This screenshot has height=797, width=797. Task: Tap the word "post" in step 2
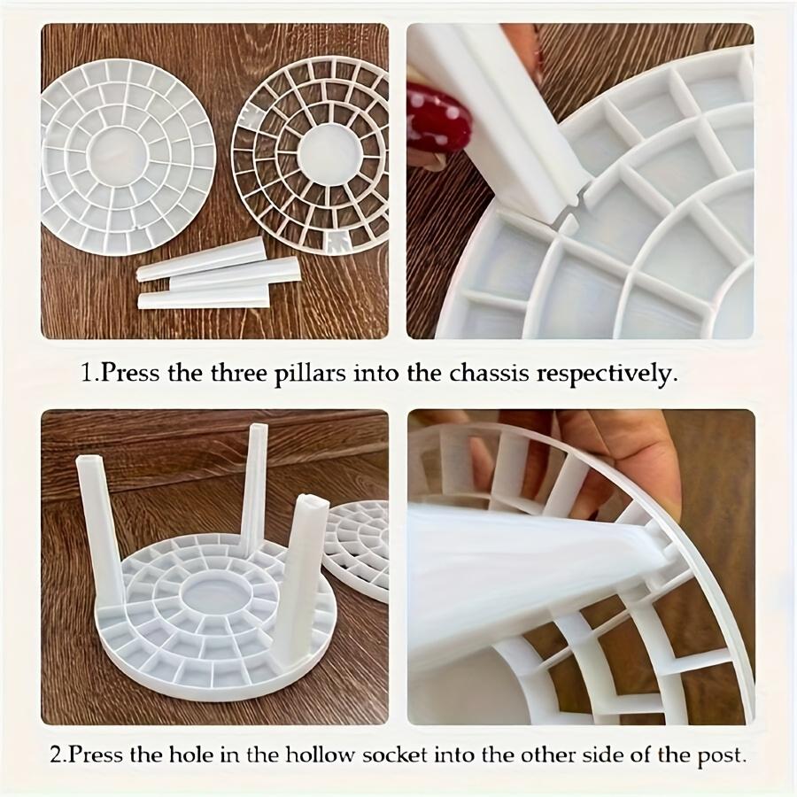tap(723, 757)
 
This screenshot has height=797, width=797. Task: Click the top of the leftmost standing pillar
tap(88, 462)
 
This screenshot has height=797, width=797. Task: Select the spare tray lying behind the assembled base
tap(356, 549)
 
